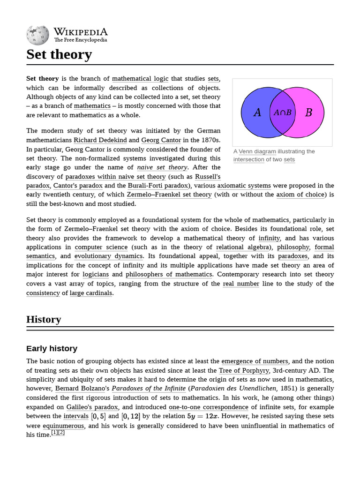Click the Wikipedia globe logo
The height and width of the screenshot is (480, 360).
[37, 35]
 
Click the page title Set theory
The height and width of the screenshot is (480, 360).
[59, 54]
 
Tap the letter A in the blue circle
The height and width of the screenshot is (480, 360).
[257, 112]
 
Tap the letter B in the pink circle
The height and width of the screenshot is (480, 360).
[308, 112]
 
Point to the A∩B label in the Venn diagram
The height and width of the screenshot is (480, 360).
[283, 112]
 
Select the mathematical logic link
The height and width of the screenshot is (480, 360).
[139, 79]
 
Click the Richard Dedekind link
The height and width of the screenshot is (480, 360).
[100, 140]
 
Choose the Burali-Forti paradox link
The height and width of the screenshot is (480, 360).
[157, 186]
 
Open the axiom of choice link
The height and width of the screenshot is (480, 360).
[300, 195]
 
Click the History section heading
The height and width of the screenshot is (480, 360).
[44, 319]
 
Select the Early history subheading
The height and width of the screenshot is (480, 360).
[52, 348]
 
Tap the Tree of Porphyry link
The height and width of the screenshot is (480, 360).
[244, 370]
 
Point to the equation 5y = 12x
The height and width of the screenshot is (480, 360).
[202, 416]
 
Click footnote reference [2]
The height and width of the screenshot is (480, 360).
[61, 433]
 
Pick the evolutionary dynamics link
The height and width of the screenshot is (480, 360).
[108, 256]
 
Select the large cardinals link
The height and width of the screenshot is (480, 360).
[91, 293]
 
